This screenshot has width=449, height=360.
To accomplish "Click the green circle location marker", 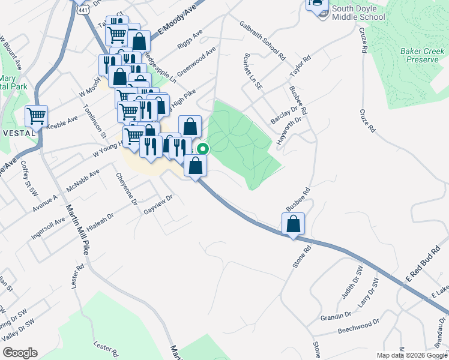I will [x=203, y=149].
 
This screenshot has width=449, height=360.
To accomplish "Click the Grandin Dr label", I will [x=335, y=316].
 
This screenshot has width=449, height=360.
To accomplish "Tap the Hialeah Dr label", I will [x=109, y=220].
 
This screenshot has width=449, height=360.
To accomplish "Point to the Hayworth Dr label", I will [x=289, y=129].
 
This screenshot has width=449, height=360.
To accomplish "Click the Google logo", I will [x=19, y=353].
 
